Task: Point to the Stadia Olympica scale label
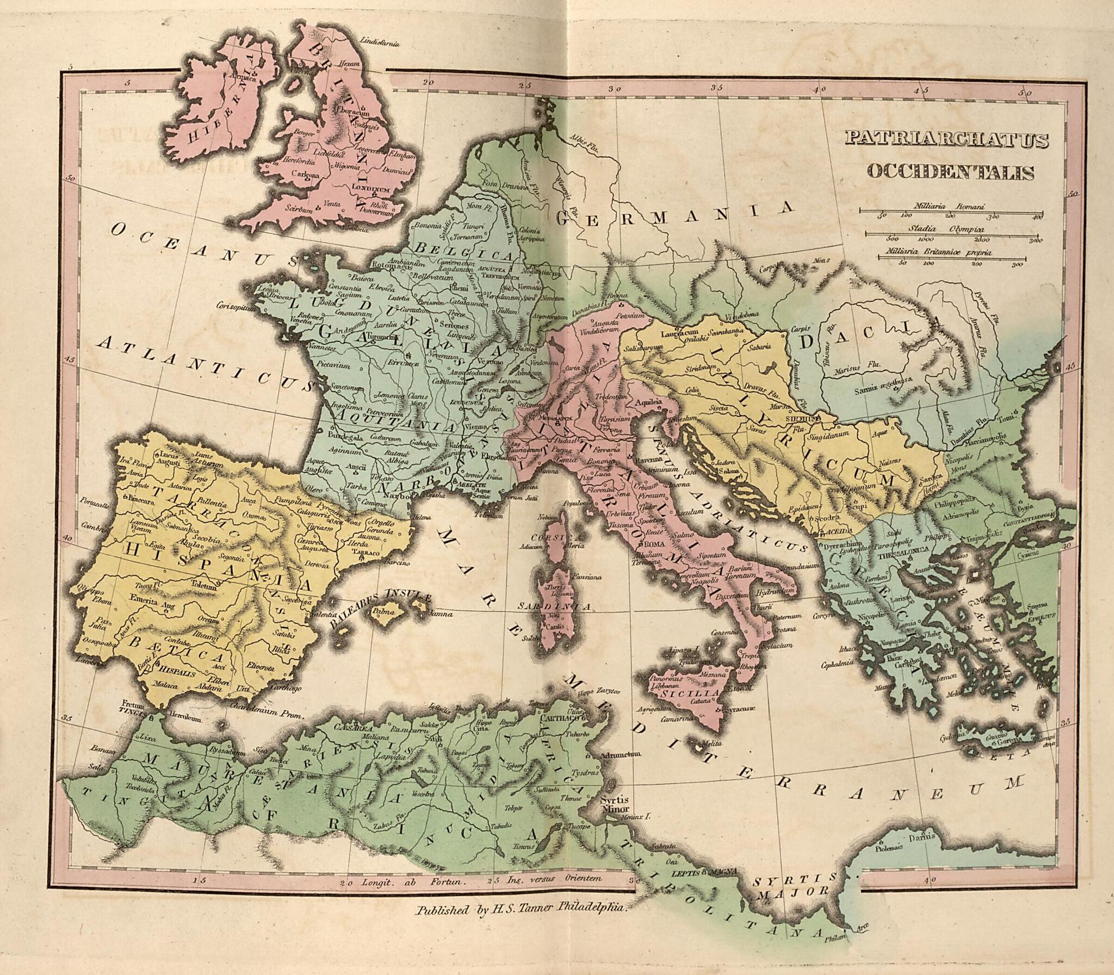pos(945,229)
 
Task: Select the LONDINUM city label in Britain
pos(370,188)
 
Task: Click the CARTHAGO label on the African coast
pos(559,718)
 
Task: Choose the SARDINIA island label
pos(554,606)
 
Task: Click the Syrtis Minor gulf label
pos(615,804)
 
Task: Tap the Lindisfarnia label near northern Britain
pos(380,42)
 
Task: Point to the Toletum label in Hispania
pos(203,586)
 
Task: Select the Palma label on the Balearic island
pos(384,612)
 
